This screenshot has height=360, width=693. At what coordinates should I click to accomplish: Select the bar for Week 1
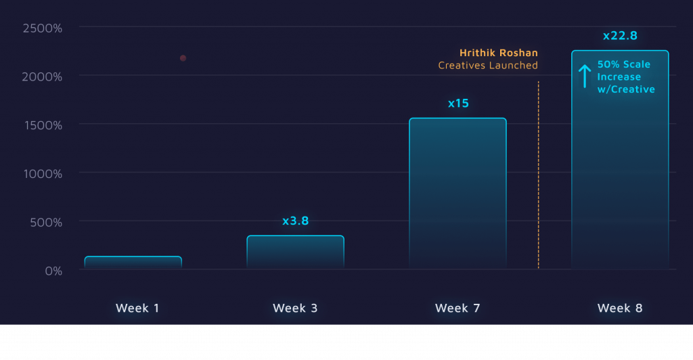pyautogui.click(x=133, y=263)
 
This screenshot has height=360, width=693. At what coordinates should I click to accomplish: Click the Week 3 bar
pyautogui.click(x=295, y=252)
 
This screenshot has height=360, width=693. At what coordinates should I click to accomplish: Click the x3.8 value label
pyautogui.click(x=295, y=221)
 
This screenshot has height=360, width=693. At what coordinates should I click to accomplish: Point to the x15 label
pyautogui.click(x=458, y=104)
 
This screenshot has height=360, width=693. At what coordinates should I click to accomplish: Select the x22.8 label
pyautogui.click(x=620, y=36)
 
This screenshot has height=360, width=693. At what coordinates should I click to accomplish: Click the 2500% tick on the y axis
pyautogui.click(x=42, y=28)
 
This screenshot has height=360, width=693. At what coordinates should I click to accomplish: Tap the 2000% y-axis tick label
pyautogui.click(x=42, y=76)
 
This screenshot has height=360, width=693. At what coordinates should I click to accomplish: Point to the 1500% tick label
pyautogui.click(x=42, y=125)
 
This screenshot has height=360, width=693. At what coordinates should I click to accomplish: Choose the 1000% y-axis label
pyautogui.click(x=42, y=174)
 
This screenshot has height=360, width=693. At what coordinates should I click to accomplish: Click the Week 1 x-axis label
pyautogui.click(x=137, y=308)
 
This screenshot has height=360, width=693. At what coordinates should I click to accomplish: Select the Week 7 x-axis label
pyautogui.click(x=457, y=308)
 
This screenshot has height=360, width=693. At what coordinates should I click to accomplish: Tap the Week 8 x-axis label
pyautogui.click(x=620, y=308)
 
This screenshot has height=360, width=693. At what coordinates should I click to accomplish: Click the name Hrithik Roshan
pyautogui.click(x=499, y=53)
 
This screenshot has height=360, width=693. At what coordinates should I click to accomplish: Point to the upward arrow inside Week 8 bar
pyautogui.click(x=585, y=76)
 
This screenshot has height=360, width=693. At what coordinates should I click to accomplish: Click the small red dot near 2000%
pyautogui.click(x=183, y=58)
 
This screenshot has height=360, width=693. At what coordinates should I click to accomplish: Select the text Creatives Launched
pyautogui.click(x=488, y=66)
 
